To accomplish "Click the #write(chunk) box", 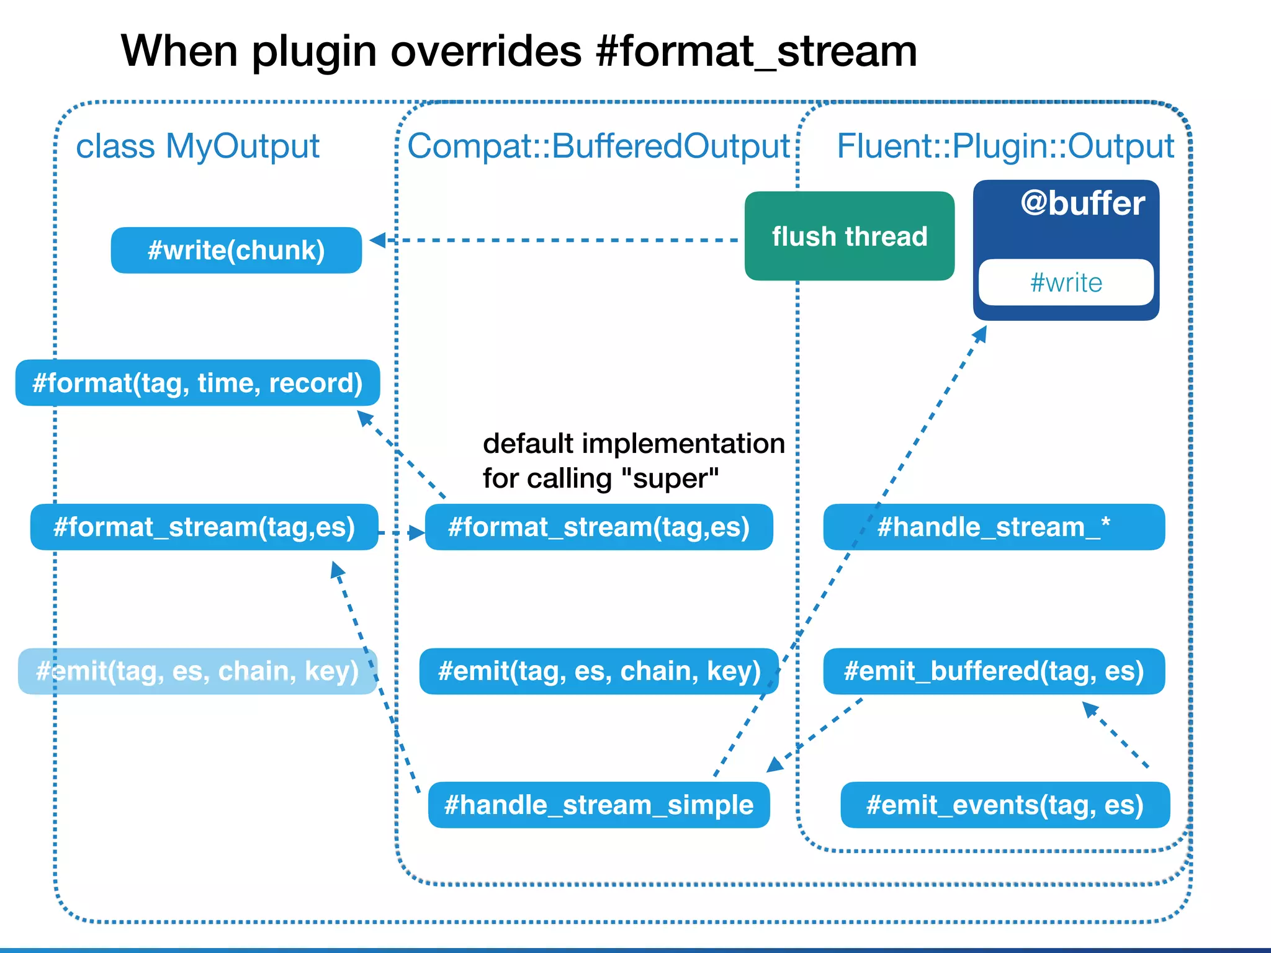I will tap(236, 250).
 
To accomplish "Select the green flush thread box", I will tap(849, 236).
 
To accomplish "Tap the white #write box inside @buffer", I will tap(1066, 283).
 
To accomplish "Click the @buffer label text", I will tap(1082, 204).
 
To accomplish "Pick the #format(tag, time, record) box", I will tap(197, 383).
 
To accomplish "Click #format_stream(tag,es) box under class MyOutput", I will tap(204, 527).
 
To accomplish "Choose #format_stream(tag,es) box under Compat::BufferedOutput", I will tap(599, 527).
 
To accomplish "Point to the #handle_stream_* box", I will tap(994, 527).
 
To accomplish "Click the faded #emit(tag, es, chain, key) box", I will tap(197, 671).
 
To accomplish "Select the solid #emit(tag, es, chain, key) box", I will tap(599, 671).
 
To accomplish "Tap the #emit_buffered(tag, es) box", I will tap(994, 671).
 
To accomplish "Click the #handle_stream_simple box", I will tap(599, 805).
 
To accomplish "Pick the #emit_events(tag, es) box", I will tap(1005, 805).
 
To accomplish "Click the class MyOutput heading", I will tap(197, 146).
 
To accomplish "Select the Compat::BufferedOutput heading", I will tap(598, 146).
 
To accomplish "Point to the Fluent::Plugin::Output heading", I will tap(1005, 146).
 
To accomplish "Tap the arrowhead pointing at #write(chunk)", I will tap(377, 240).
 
